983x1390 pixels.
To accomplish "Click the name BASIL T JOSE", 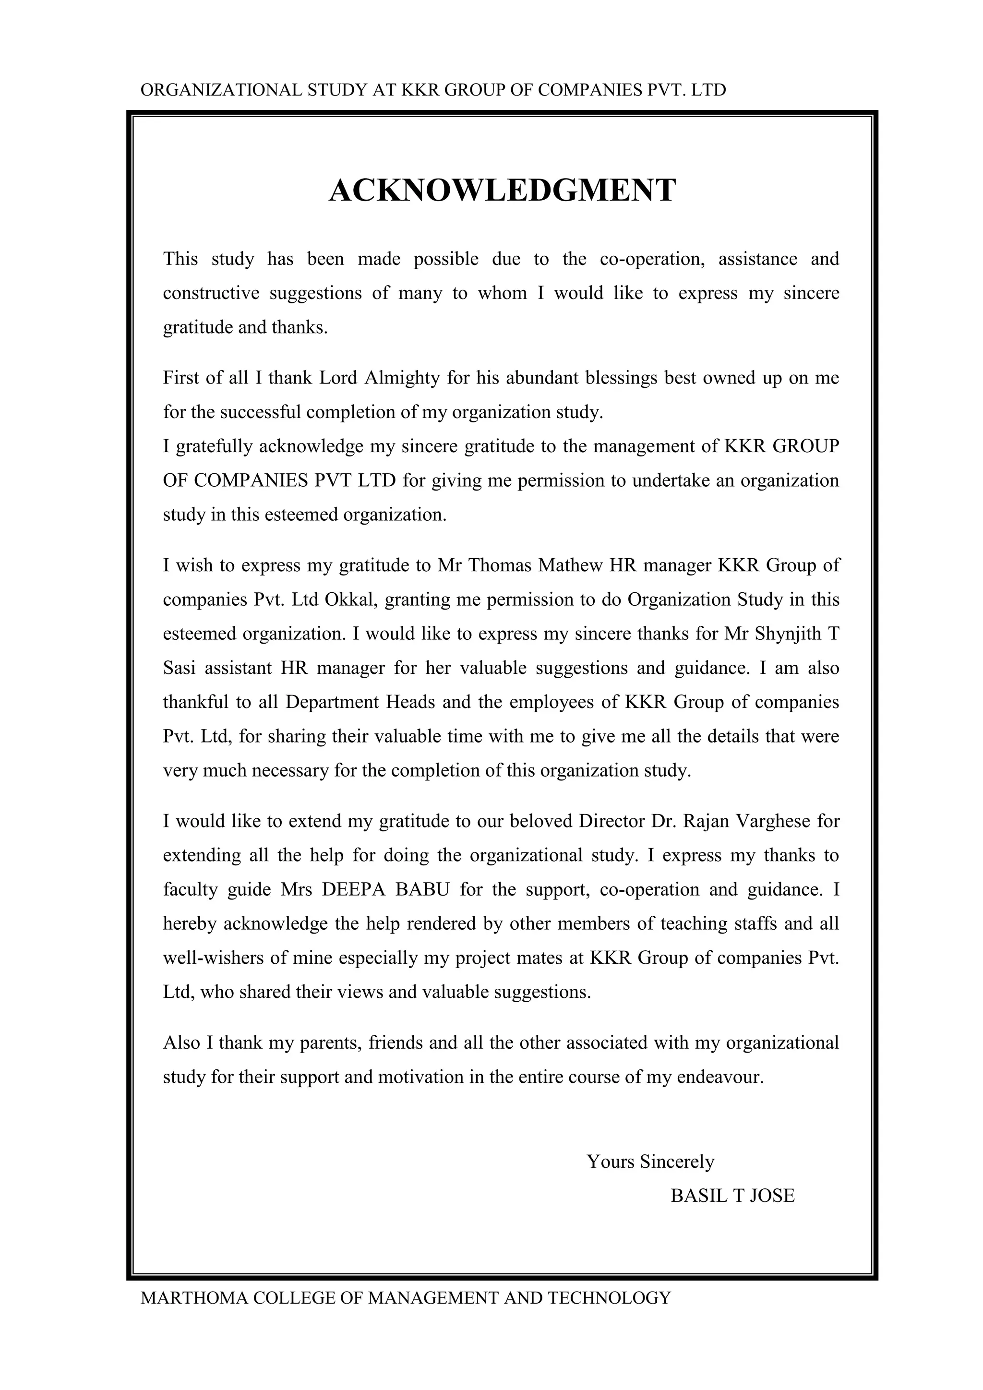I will pyautogui.click(x=732, y=1196).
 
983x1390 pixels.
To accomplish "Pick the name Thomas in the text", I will pyautogui.click(x=500, y=565).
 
